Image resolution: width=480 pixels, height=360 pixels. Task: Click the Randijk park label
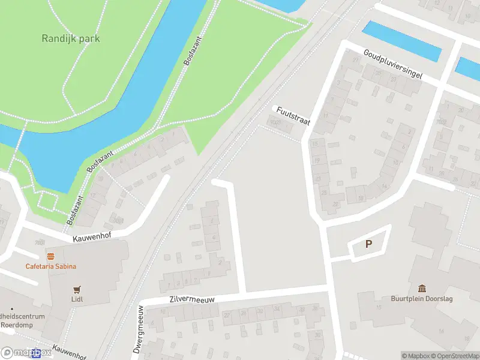point(71,39)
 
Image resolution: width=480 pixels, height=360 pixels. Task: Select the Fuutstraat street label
point(293,115)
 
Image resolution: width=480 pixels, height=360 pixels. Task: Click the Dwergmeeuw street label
point(139,330)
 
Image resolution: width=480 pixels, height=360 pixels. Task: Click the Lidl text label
point(76,299)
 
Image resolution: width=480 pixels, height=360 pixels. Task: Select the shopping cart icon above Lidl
point(76,289)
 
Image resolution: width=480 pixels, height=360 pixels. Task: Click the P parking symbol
point(369,244)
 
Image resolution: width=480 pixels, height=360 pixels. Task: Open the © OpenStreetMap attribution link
point(455,356)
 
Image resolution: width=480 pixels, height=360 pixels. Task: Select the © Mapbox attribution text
point(416,356)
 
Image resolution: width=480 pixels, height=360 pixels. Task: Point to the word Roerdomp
point(16,325)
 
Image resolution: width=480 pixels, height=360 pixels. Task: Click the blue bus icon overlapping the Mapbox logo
point(37,353)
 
